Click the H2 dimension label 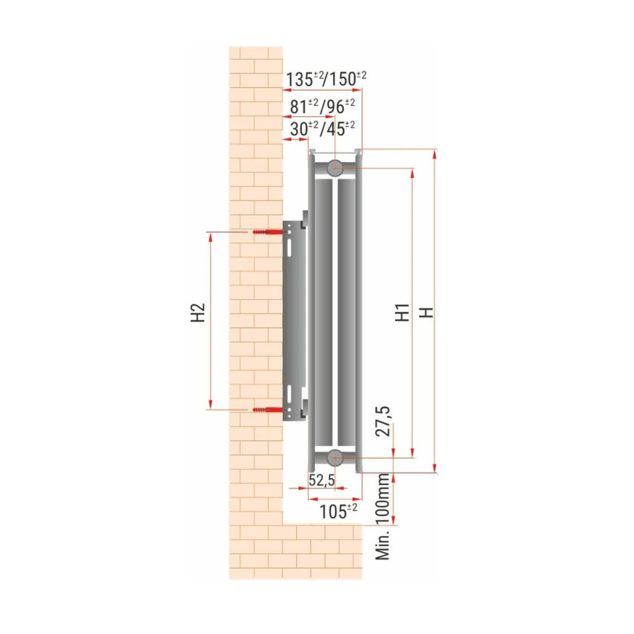tap(198, 312)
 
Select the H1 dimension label tap(402, 312)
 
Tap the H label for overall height tap(427, 312)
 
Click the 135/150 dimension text tap(326, 79)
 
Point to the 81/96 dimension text tap(323, 107)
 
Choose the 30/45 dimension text tap(323, 129)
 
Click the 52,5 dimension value tap(322, 480)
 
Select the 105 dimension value tap(339, 512)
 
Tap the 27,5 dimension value tap(383, 421)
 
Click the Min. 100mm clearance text tap(383, 517)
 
